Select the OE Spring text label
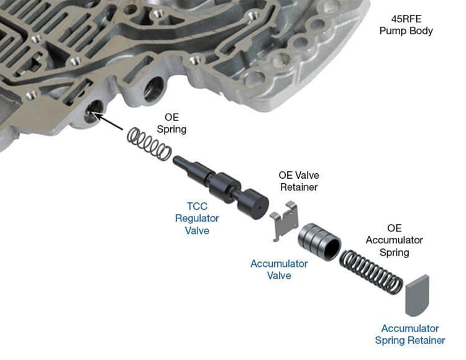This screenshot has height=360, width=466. tap(175, 123)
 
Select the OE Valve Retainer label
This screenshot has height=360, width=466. tap(298, 181)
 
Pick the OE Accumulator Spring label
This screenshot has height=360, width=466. tap(394, 240)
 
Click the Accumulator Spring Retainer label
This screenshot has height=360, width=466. tap(409, 334)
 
